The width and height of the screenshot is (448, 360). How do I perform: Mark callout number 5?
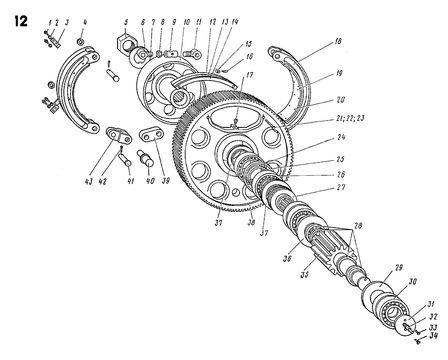(126, 22)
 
